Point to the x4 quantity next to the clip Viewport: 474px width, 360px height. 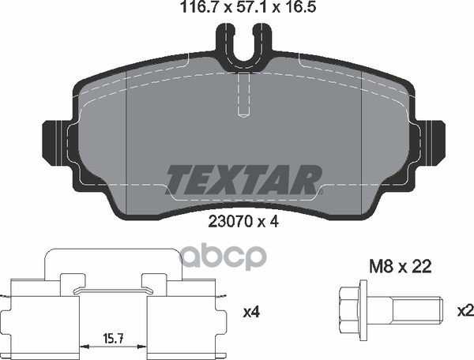tap(251, 311)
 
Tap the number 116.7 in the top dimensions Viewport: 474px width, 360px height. tap(187, 9)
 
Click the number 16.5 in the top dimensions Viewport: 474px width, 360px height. tap(291, 9)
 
